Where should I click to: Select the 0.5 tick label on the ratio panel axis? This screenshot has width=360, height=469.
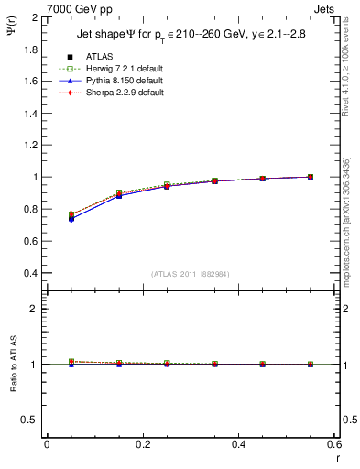[30, 420]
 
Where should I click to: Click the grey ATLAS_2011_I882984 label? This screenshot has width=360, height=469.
[190, 275]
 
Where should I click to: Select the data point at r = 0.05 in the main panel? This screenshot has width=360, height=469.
[71, 217]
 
